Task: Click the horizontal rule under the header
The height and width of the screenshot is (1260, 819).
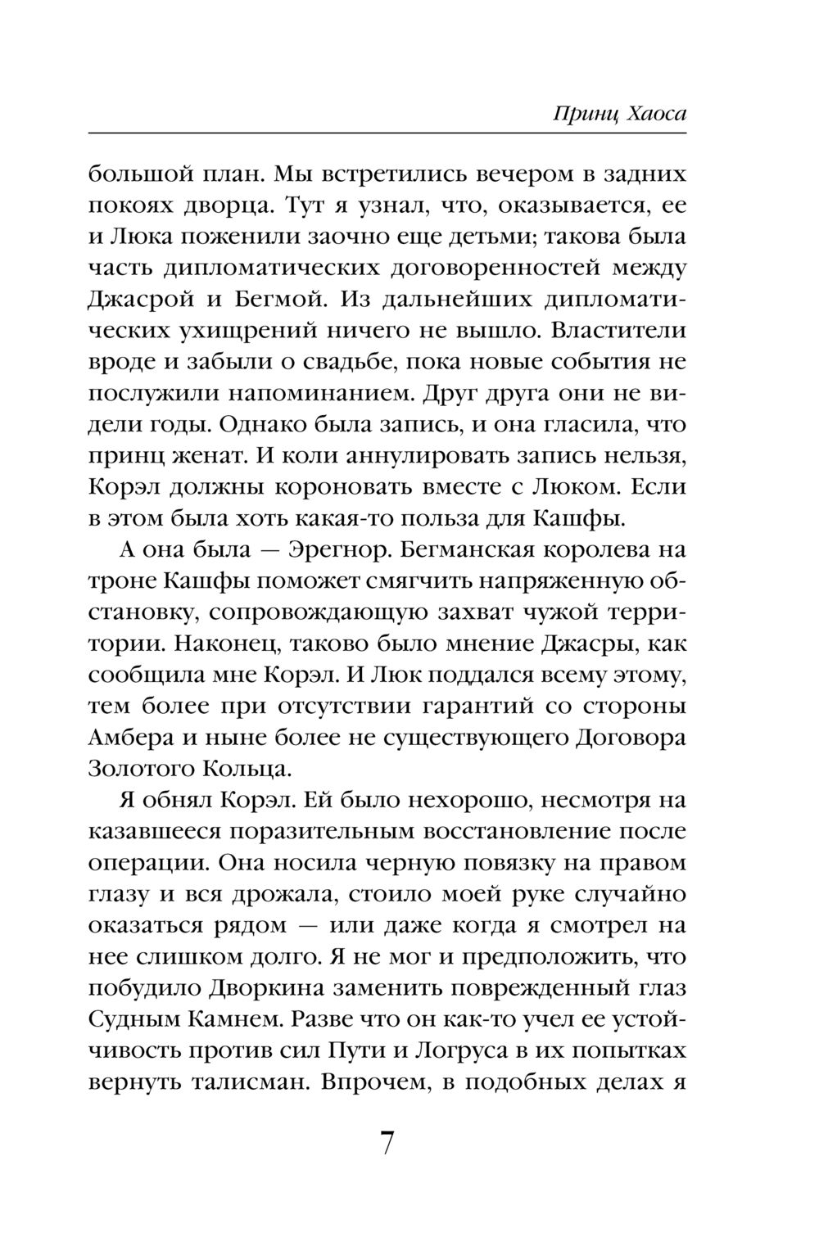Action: (x=387, y=133)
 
